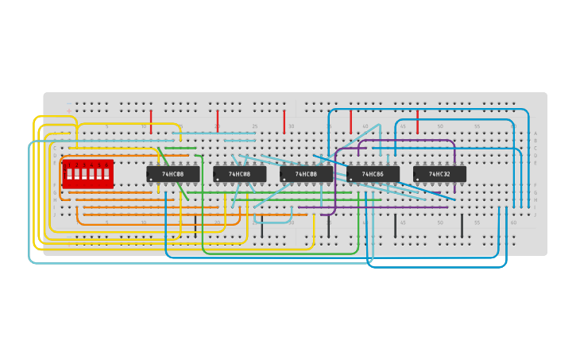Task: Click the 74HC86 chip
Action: click(x=373, y=174)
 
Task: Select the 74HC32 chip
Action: click(x=439, y=174)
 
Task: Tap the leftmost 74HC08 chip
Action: click(x=172, y=174)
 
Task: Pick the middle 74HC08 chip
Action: click(x=239, y=174)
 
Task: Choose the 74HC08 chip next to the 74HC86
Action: click(x=306, y=174)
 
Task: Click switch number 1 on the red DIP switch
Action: click(x=69, y=173)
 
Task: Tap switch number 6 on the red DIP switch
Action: click(x=106, y=173)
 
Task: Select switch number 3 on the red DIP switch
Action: click(x=84, y=173)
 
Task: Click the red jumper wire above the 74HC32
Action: click(x=417, y=121)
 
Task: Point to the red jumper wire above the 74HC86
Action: click(x=350, y=121)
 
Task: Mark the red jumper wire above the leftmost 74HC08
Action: click(x=151, y=121)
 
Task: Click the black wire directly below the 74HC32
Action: click(x=462, y=225)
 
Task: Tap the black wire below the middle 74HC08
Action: click(x=261, y=225)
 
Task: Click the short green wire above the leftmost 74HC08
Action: click(x=180, y=148)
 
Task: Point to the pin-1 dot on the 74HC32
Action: click(x=418, y=180)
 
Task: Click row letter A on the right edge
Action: click(x=535, y=134)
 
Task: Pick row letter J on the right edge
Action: click(x=535, y=215)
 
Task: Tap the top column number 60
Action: click(x=514, y=126)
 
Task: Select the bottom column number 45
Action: click(x=403, y=223)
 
